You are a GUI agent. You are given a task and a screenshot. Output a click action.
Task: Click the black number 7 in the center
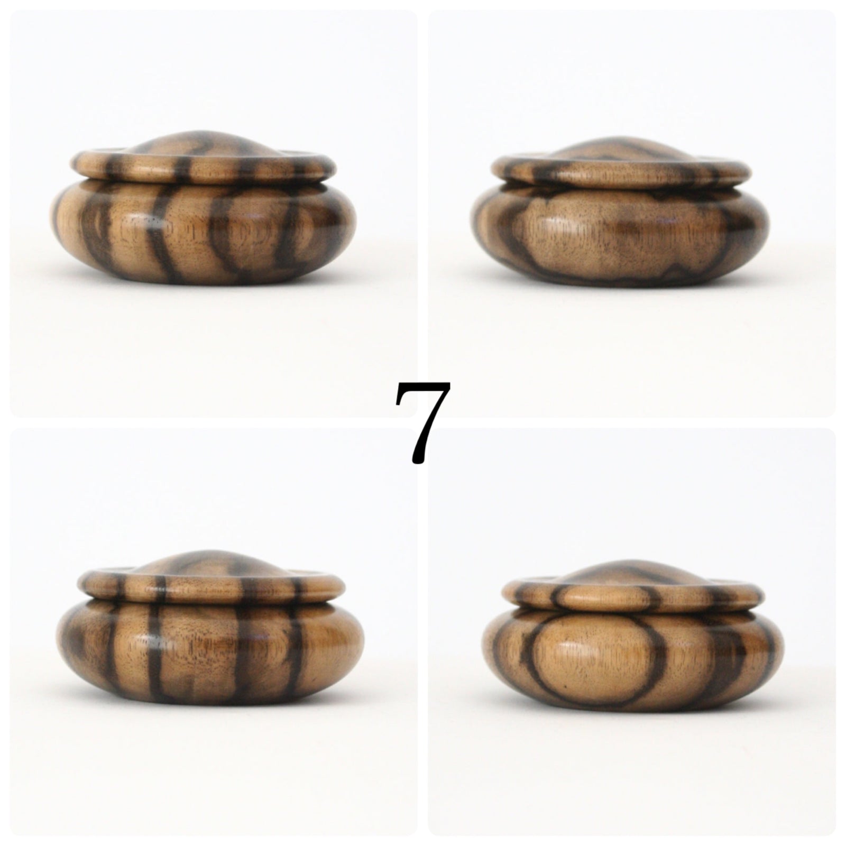coord(422,421)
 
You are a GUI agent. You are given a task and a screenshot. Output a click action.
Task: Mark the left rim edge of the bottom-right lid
coord(508,595)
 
